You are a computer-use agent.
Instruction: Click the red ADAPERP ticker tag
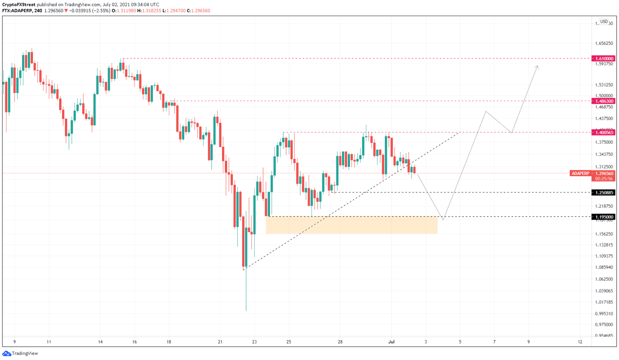(x=580, y=174)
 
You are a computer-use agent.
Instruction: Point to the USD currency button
(x=604, y=22)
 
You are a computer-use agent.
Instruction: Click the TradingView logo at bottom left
(x=20, y=353)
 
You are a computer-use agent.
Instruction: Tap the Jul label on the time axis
(x=391, y=342)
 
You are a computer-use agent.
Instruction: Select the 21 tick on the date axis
(x=220, y=342)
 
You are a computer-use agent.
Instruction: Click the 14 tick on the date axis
(x=100, y=342)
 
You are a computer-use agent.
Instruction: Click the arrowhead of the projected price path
(x=537, y=66)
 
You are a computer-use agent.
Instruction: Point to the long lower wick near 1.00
(x=246, y=294)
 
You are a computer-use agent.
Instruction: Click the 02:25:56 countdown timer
(x=604, y=178)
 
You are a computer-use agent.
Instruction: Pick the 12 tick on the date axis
(x=580, y=342)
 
